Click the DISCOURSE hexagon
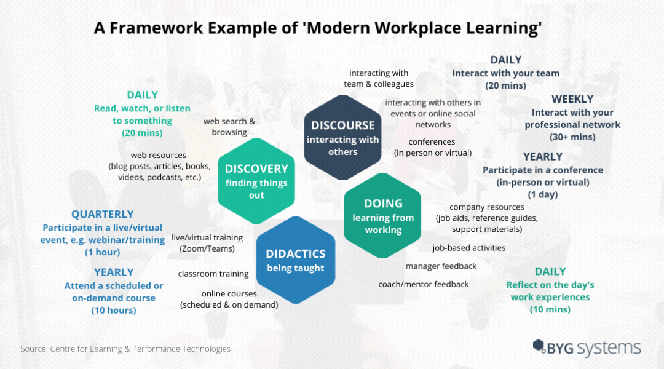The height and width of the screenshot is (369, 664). point(342,137)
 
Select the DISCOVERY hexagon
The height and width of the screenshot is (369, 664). point(256,181)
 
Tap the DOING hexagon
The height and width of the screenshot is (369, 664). point(382,215)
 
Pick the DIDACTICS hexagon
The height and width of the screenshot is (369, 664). point(296,260)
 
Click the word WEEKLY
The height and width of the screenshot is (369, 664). point(572,99)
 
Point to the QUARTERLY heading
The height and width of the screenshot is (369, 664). point(103,215)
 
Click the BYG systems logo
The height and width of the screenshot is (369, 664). point(587,347)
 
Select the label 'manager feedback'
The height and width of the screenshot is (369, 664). point(441,266)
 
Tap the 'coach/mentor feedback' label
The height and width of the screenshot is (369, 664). point(424,284)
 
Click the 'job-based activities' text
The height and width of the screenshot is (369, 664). point(468,248)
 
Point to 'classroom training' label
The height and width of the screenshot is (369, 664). point(213,274)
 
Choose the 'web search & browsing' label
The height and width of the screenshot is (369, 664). point(229,127)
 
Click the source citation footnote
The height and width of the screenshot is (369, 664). point(125,349)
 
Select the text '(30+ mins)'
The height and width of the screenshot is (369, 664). point(572,137)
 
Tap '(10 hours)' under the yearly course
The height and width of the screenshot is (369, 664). point(114,310)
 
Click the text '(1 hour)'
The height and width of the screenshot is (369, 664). point(103,252)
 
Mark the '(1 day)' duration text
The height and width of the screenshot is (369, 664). point(542,194)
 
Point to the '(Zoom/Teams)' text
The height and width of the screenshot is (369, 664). point(207,248)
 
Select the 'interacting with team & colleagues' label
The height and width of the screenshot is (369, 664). point(379,78)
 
